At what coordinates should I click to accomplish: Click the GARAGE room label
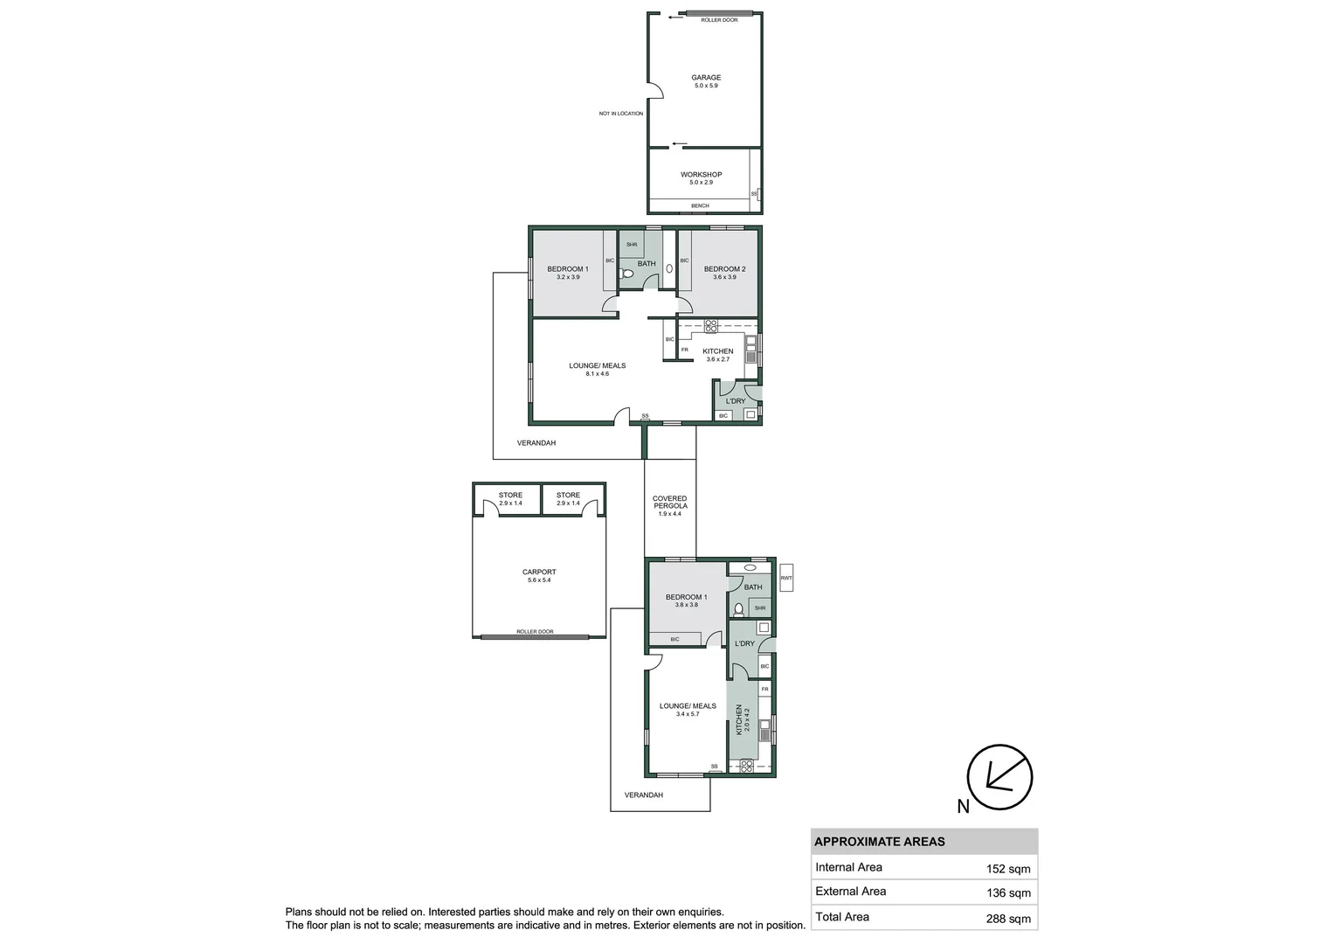click(x=706, y=78)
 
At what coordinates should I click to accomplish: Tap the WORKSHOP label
click(x=701, y=175)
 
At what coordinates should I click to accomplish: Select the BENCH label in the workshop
click(x=700, y=206)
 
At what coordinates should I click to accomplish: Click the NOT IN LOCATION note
click(x=620, y=114)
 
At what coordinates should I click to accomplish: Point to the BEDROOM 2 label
click(x=724, y=269)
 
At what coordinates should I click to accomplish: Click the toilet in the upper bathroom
click(x=626, y=274)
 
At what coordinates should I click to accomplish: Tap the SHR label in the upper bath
click(x=631, y=245)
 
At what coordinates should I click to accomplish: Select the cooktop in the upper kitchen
click(x=710, y=327)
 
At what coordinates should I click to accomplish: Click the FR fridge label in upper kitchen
click(x=684, y=350)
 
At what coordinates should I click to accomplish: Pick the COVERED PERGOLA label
click(x=669, y=503)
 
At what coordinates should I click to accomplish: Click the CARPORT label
click(x=539, y=573)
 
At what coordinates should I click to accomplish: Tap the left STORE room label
click(x=510, y=496)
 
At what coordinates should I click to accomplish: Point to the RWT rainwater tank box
click(x=786, y=578)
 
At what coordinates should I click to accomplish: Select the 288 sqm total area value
click(x=1007, y=918)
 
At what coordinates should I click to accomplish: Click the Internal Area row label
click(x=848, y=867)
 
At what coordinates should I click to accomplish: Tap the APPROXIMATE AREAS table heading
click(x=879, y=842)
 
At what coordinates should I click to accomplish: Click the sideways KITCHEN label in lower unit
click(x=738, y=718)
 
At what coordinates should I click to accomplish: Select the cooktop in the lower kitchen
click(x=746, y=766)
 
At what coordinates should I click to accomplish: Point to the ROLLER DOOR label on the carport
click(x=535, y=631)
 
